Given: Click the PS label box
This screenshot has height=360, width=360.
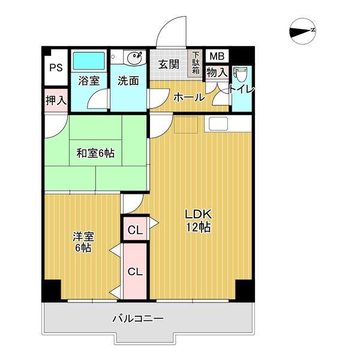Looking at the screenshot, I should [x=56, y=68].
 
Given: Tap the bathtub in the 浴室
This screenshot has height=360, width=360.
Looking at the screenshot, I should [x=89, y=61].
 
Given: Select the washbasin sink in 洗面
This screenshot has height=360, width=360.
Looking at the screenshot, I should [x=134, y=58].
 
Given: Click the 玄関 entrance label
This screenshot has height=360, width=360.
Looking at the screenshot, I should [x=169, y=64].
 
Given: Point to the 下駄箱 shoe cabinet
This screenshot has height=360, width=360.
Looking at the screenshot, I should [x=196, y=63].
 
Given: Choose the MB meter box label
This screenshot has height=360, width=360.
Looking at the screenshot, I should [x=216, y=56].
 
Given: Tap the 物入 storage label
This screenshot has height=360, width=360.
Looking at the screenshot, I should [x=216, y=73].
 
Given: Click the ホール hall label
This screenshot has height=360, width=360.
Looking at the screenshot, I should [x=188, y=98].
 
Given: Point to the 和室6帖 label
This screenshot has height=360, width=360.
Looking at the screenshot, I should [x=95, y=154].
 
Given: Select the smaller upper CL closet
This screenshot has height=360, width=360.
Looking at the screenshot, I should [x=135, y=229].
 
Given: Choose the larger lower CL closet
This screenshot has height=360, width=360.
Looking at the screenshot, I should [x=135, y=271].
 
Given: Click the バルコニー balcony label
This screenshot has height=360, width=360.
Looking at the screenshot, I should [x=138, y=318].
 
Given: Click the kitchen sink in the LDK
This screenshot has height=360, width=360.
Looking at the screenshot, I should [x=219, y=124].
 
